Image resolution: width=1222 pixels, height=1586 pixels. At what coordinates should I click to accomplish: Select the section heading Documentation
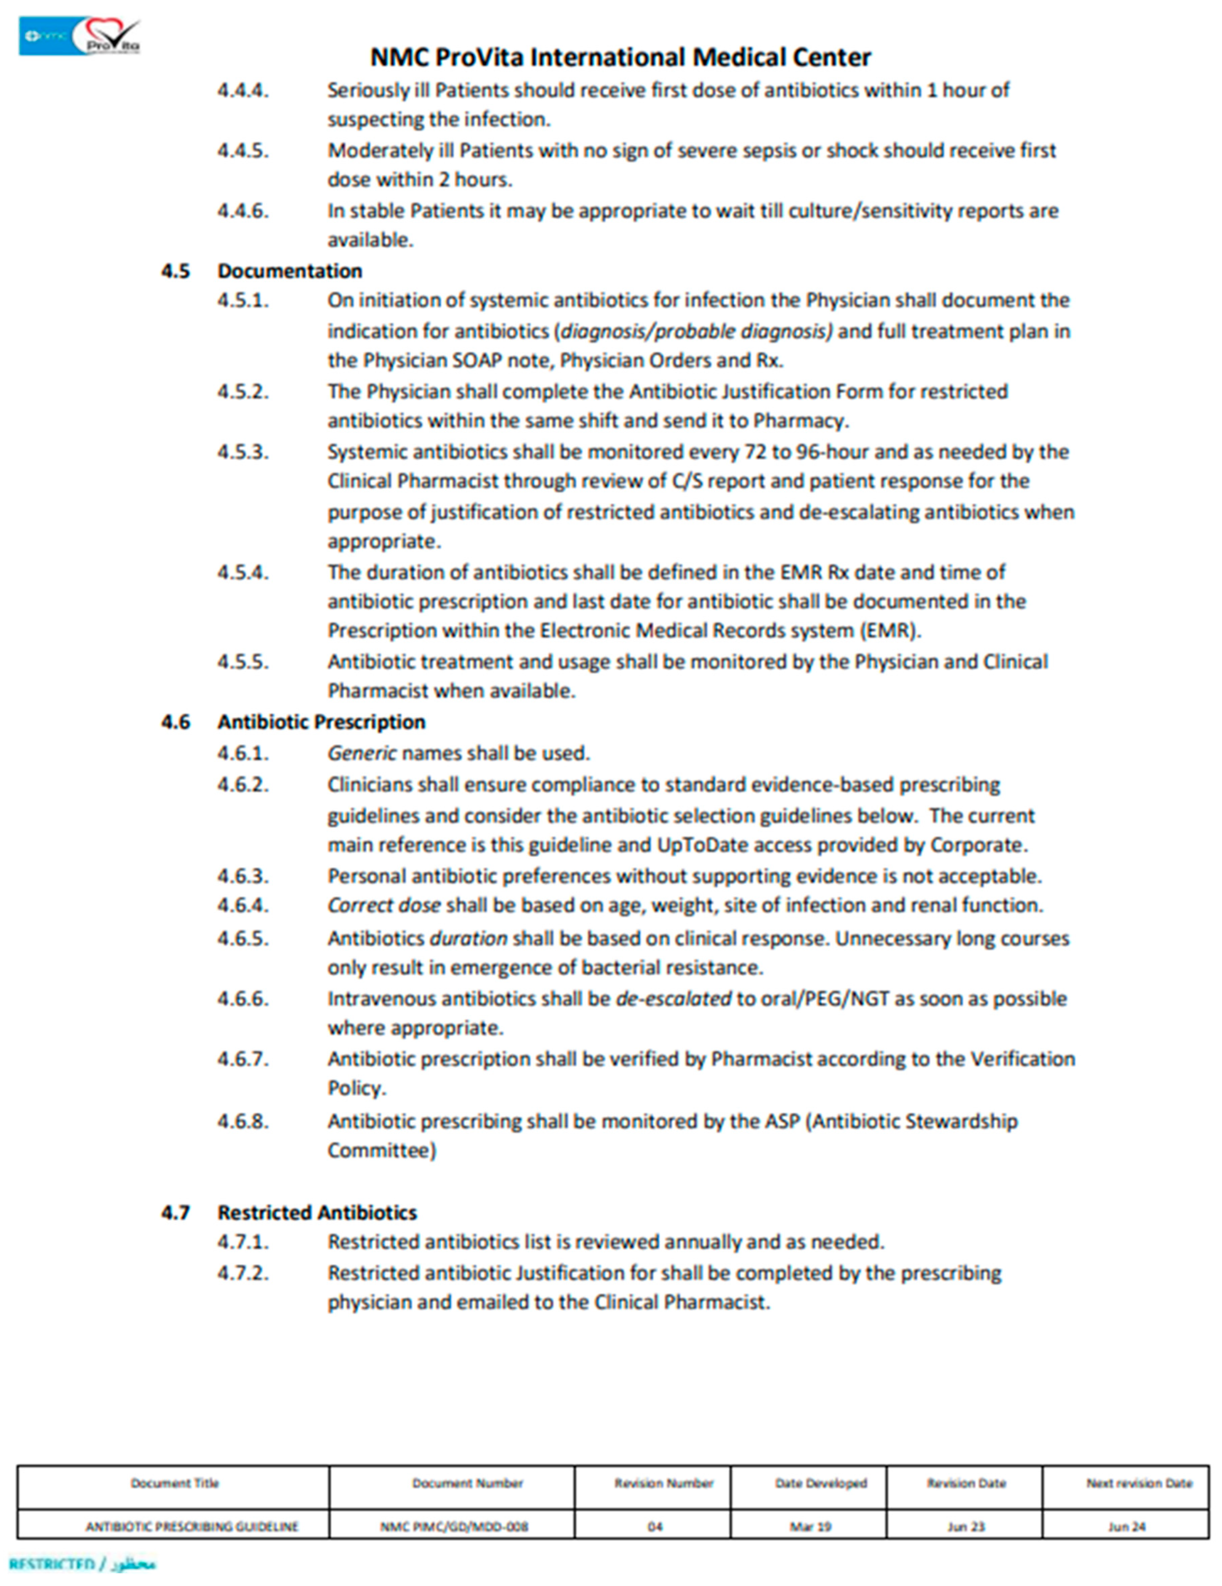click(290, 271)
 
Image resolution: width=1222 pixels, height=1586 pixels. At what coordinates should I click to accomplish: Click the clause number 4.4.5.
click(242, 151)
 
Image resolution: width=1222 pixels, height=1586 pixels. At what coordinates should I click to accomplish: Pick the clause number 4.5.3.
click(242, 452)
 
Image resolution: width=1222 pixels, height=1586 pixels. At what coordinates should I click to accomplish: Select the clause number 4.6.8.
click(242, 1121)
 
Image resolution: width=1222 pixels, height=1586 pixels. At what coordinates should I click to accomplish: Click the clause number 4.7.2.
click(242, 1273)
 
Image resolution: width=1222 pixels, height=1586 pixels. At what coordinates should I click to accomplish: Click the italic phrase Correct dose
click(383, 905)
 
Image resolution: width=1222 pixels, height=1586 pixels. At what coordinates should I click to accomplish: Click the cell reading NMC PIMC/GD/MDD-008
click(454, 1527)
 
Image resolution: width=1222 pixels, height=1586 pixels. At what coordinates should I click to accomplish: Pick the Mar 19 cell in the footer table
click(810, 1527)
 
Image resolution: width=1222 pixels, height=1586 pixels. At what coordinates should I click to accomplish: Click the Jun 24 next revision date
click(1126, 1527)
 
